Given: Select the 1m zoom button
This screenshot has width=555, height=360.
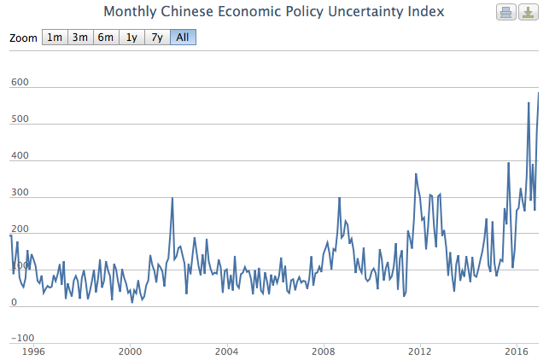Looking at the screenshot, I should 55,38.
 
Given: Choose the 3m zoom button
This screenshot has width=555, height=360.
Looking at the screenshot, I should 80,38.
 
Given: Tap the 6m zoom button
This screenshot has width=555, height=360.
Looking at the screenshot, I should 106,38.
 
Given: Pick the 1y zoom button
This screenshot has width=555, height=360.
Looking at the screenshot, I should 131,38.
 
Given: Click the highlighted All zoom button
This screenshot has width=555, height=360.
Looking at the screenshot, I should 183,38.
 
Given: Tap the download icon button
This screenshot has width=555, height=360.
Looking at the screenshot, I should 529,12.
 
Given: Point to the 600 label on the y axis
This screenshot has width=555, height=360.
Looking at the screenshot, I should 20,83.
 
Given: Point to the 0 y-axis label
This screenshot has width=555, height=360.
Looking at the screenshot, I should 15,303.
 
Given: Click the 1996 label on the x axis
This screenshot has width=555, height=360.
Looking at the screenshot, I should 32,351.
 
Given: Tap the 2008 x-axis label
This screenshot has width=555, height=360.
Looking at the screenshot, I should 323,351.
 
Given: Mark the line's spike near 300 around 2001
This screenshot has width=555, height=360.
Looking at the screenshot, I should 172,199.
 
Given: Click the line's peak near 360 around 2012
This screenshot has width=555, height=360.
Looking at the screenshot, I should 416,174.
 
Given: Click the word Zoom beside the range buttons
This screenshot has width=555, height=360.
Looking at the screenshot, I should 23,38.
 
